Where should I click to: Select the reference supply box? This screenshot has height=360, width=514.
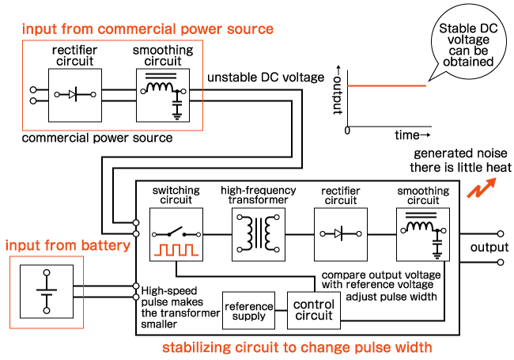(249, 311)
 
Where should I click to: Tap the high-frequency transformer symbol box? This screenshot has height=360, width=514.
(259, 234)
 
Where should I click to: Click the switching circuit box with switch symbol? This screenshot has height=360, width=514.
(177, 234)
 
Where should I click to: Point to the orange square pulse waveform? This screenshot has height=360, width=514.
(177, 251)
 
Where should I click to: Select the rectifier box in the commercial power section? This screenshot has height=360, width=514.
(75, 94)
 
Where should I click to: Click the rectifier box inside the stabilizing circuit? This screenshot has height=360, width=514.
(341, 234)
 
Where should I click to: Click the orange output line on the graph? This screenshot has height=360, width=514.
(387, 85)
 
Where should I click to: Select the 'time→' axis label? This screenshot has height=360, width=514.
(413, 135)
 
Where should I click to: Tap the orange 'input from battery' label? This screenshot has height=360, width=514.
(67, 245)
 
